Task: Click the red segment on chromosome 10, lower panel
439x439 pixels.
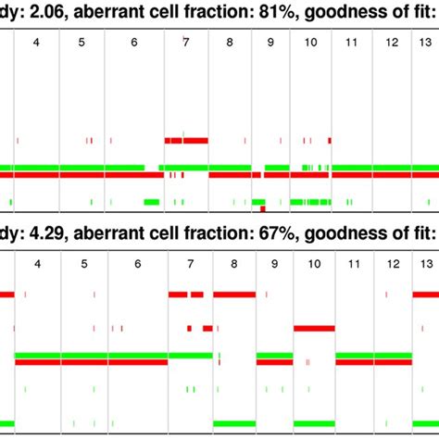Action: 314,328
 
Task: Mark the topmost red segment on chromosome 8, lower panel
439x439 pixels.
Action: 233,295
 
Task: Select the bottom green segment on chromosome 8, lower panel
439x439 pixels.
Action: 233,423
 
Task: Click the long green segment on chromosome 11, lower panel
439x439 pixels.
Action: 353,355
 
